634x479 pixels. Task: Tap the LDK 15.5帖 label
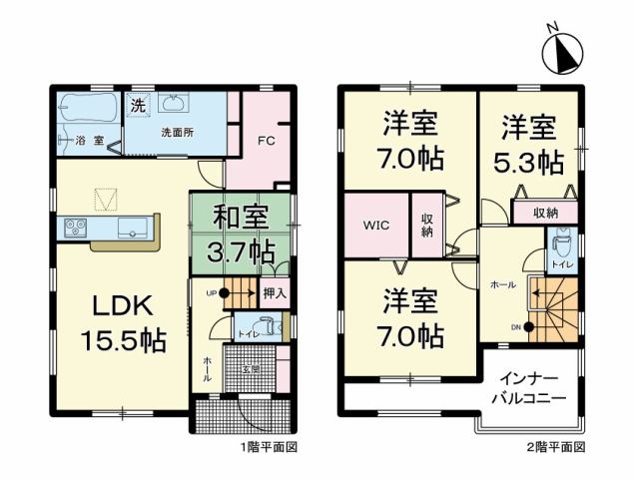(123, 320)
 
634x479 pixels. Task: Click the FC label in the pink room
(266, 141)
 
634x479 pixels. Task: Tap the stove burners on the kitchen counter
(76, 228)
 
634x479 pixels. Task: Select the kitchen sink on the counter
(133, 228)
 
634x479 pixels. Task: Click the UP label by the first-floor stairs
(211, 291)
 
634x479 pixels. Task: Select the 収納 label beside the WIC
(425, 225)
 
